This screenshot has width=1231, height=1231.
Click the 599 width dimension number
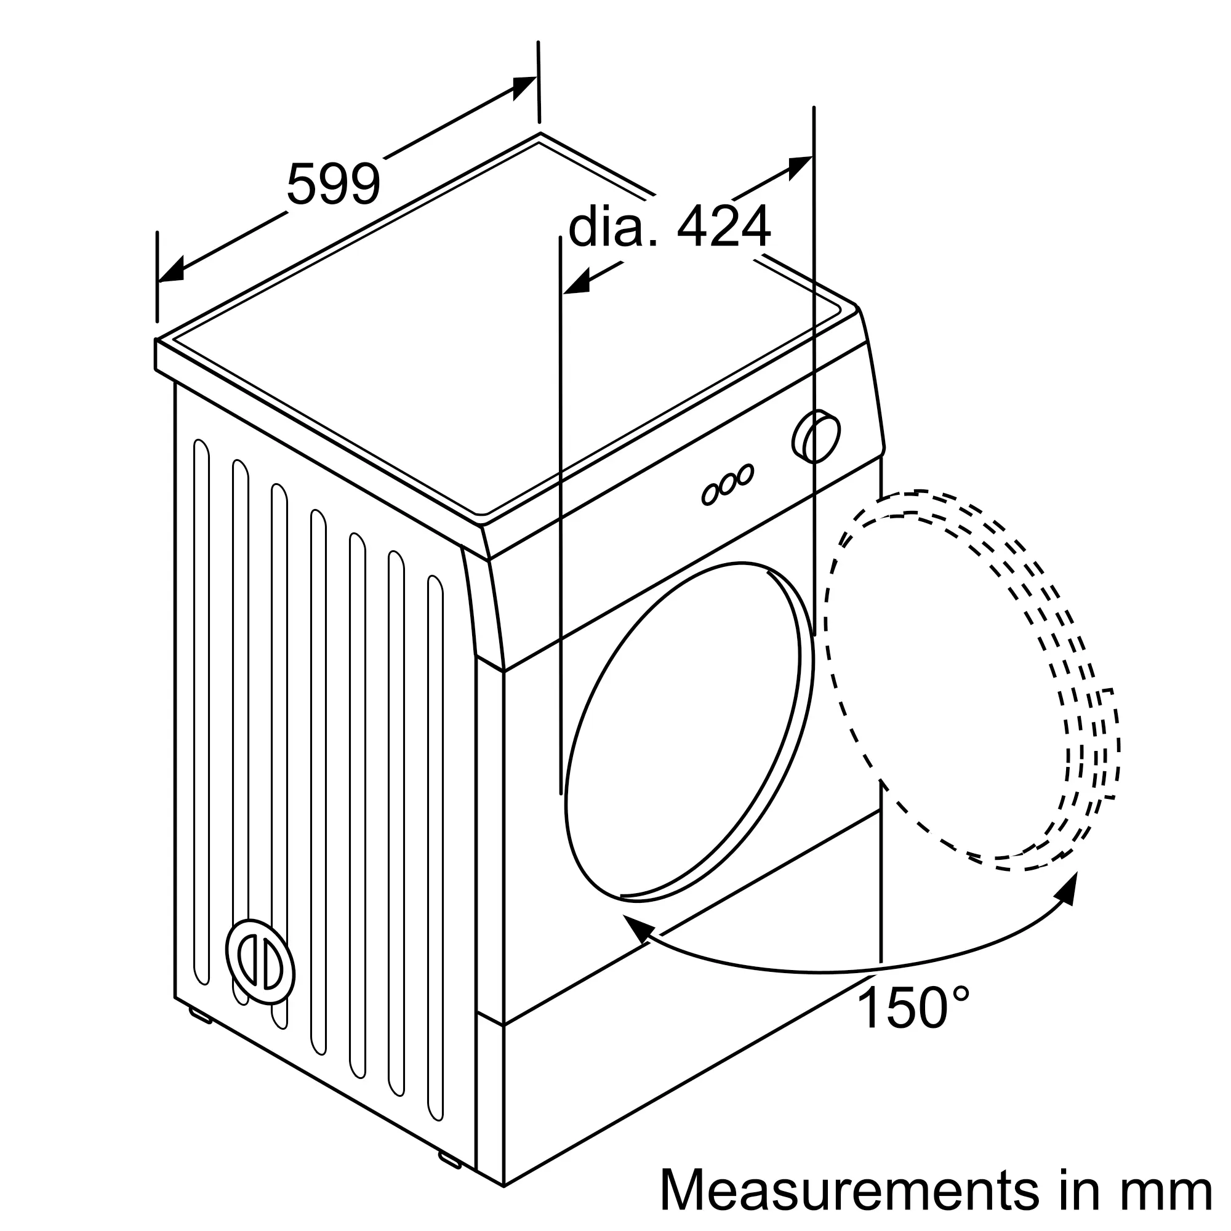point(333,183)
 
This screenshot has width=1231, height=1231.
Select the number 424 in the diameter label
point(723,227)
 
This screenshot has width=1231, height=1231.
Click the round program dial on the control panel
point(816,437)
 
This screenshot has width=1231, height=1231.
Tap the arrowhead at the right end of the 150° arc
point(1069,889)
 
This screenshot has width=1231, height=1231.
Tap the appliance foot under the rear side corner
point(199,1016)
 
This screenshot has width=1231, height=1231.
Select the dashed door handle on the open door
point(1110,744)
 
